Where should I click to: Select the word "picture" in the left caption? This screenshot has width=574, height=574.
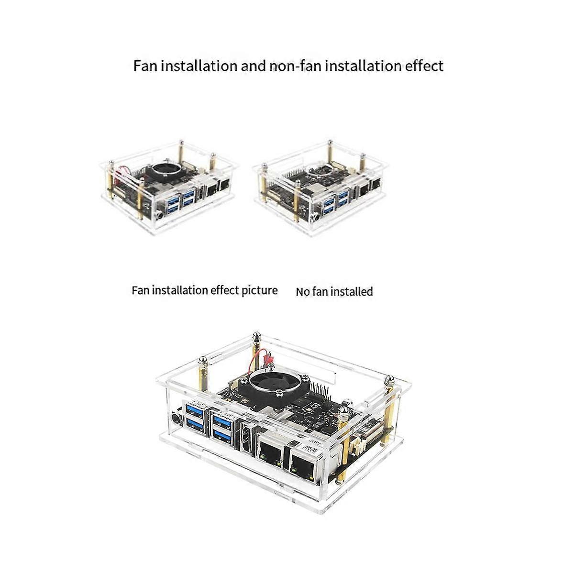click(259, 290)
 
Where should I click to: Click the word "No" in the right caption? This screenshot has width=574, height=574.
click(302, 292)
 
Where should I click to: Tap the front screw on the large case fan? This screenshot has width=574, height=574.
click(279, 393)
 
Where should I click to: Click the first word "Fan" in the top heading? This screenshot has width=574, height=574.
click(145, 66)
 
